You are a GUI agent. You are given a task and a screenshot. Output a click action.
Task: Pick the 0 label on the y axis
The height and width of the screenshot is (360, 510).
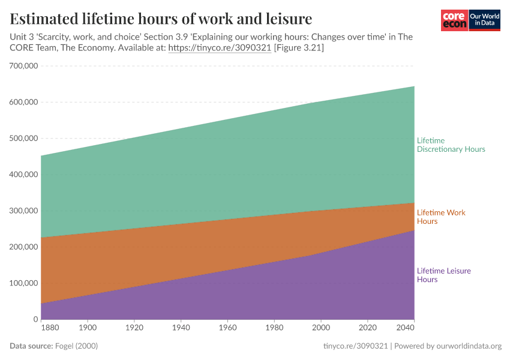[x=36, y=319]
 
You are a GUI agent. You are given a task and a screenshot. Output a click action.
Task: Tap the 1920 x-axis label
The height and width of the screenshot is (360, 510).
[x=134, y=328]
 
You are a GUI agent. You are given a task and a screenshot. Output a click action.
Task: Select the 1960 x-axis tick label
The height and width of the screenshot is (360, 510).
[x=227, y=328]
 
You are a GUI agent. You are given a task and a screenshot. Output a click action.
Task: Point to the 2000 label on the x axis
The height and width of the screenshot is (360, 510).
[x=321, y=328]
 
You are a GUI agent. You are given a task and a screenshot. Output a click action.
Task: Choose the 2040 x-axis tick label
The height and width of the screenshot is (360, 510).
[x=405, y=328]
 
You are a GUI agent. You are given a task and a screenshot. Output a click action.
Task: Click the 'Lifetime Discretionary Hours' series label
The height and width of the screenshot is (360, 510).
[x=451, y=145]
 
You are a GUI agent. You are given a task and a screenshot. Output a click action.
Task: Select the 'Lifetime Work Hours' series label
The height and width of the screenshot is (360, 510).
[x=441, y=217]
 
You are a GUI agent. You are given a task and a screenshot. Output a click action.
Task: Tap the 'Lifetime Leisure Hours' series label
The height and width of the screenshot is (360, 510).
[x=443, y=275]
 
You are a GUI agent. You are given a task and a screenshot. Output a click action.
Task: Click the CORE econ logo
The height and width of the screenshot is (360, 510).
[x=454, y=20]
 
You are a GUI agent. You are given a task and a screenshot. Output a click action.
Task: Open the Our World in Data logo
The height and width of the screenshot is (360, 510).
[x=484, y=20]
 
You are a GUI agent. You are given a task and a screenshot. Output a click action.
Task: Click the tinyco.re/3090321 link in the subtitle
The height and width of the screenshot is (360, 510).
[x=220, y=47]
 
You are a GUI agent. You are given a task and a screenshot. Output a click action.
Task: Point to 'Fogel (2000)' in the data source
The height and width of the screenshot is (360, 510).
[x=76, y=346]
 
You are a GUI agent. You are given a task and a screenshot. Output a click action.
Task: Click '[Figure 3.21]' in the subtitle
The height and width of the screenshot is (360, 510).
[x=299, y=47]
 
